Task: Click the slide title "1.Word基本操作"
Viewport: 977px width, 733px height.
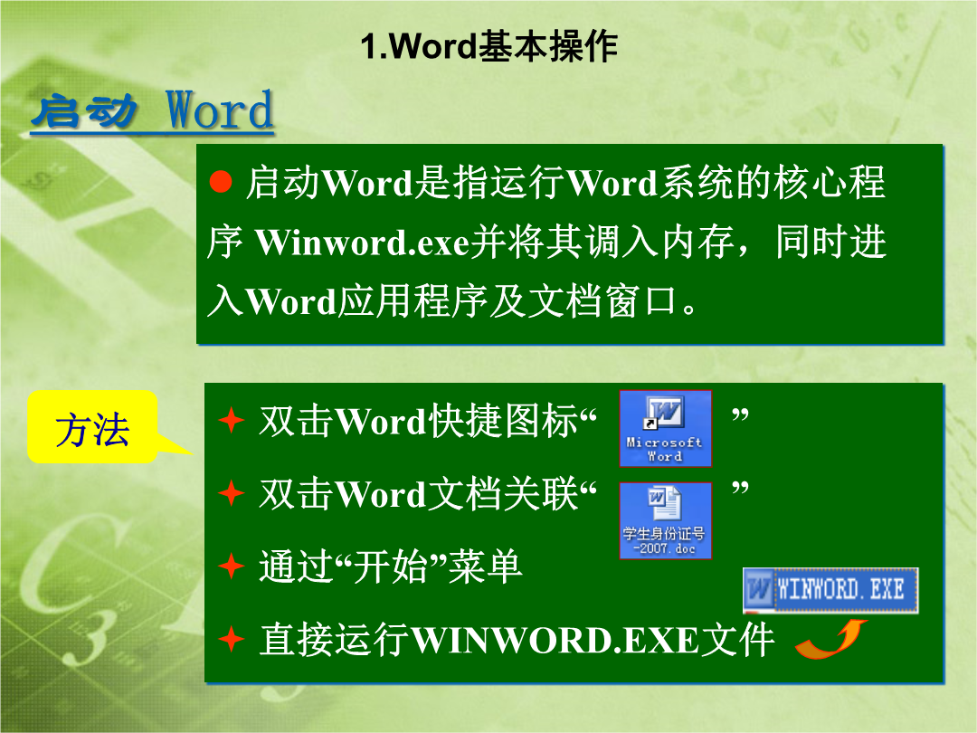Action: click(x=489, y=46)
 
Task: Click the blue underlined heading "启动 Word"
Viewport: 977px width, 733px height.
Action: click(x=153, y=111)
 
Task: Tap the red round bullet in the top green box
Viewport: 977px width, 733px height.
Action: click(x=221, y=181)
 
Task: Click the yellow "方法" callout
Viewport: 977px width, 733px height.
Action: click(x=92, y=427)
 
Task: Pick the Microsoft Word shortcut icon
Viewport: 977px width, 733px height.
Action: click(x=665, y=428)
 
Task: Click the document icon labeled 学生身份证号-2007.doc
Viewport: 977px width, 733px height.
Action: click(x=665, y=520)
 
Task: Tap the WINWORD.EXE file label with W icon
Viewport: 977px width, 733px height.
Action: click(x=830, y=590)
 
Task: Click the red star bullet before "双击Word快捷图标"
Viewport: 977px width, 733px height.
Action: click(x=232, y=420)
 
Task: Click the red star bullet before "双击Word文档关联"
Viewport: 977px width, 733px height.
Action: click(x=232, y=493)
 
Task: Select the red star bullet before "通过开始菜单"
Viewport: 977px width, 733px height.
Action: click(x=232, y=566)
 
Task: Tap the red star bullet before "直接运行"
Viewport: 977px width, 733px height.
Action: click(x=232, y=639)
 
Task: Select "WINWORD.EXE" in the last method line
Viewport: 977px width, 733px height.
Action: click(x=555, y=640)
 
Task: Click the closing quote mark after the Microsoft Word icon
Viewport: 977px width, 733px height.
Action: click(x=740, y=414)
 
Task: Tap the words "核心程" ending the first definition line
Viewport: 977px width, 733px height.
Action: click(x=830, y=183)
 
